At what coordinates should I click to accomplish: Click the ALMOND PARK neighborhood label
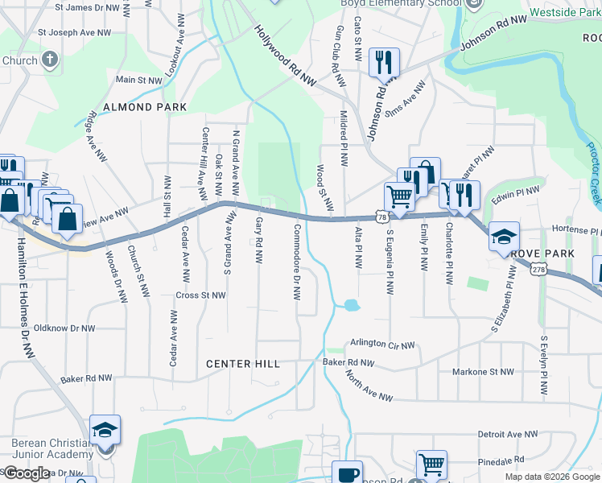(145, 107)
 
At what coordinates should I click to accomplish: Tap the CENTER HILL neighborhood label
(243, 364)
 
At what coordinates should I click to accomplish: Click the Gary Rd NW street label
(259, 241)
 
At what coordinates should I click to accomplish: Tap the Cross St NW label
(200, 295)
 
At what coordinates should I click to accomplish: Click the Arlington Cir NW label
(381, 345)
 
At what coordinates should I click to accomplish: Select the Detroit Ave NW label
(507, 434)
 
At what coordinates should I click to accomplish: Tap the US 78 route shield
(381, 217)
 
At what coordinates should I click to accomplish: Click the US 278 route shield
(538, 271)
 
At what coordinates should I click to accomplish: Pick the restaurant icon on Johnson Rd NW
(384, 61)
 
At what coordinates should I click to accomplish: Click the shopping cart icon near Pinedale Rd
(431, 464)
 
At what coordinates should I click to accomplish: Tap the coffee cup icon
(347, 473)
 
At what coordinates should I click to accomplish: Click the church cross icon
(50, 60)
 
